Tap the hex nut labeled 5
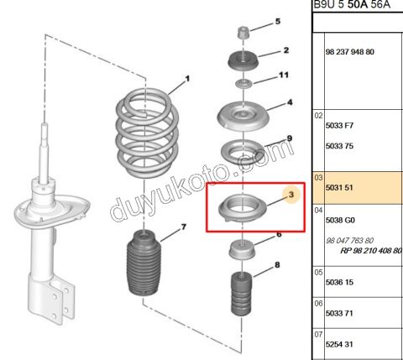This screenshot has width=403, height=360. pyautogui.click(x=242, y=34)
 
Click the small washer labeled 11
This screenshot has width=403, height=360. pyautogui.click(x=242, y=84)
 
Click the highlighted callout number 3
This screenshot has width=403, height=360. pyautogui.click(x=290, y=196)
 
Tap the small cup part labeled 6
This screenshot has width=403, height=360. pyautogui.click(x=242, y=250)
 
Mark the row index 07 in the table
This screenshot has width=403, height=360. pyautogui.click(x=319, y=333)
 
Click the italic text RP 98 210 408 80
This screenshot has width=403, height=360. pyautogui.click(x=371, y=249)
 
